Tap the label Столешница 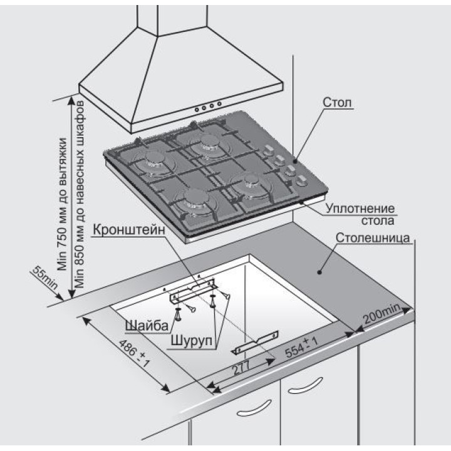[373, 239]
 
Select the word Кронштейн [130, 230]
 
